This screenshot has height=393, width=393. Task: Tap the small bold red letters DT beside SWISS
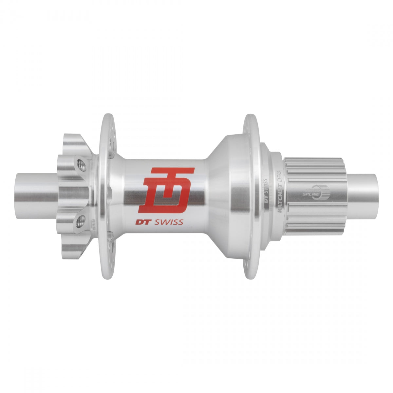pos(142,222)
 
